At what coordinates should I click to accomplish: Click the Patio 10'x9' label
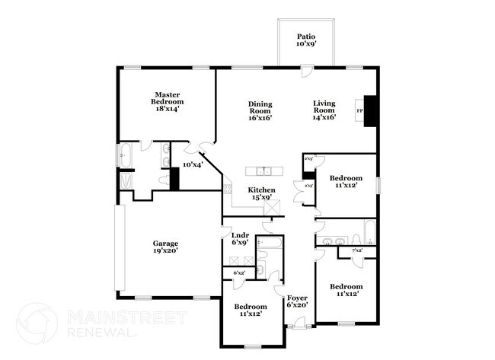(306, 40)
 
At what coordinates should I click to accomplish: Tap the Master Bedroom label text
(167, 102)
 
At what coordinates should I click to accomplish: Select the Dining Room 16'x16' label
(260, 111)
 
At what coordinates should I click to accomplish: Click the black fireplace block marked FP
(370, 110)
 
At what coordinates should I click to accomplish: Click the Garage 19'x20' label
(165, 247)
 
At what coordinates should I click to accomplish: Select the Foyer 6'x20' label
(296, 301)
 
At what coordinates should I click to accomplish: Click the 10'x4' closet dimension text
(192, 164)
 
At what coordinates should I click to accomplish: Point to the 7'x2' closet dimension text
(356, 250)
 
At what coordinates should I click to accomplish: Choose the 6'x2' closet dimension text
(238, 272)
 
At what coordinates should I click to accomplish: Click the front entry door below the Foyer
(298, 327)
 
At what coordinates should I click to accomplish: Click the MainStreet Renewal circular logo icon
(37, 323)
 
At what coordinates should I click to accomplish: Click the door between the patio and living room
(305, 72)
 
